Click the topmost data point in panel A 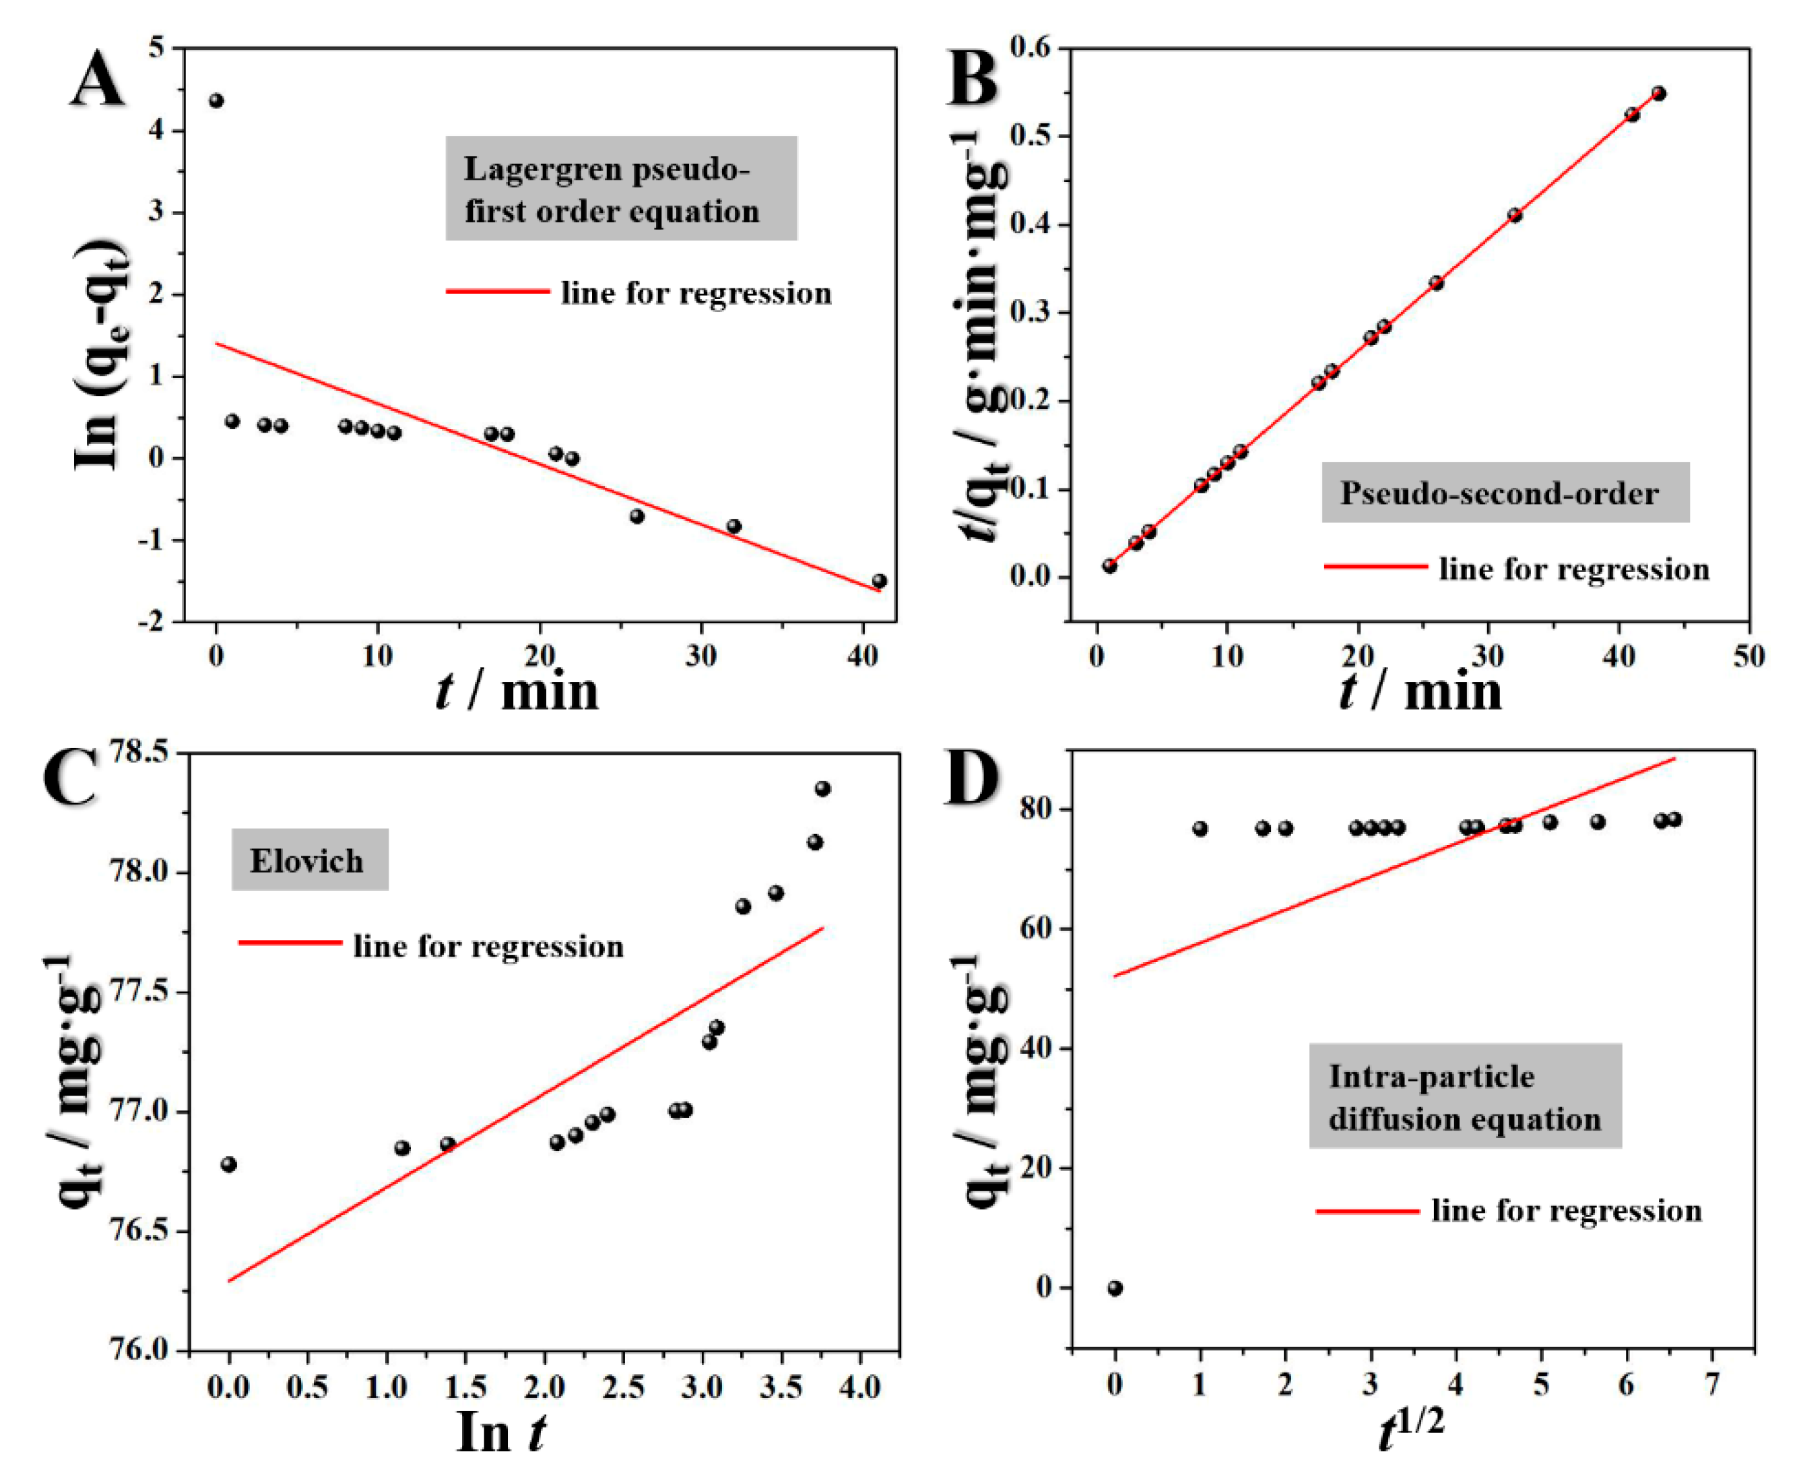click(x=216, y=101)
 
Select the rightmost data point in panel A click(x=879, y=581)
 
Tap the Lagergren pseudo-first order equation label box click(x=621, y=189)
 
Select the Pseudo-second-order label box click(x=1505, y=493)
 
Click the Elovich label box click(x=309, y=860)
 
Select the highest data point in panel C click(x=822, y=788)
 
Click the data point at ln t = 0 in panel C click(x=228, y=1164)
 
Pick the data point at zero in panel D click(x=1115, y=1288)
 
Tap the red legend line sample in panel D click(x=1367, y=1211)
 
